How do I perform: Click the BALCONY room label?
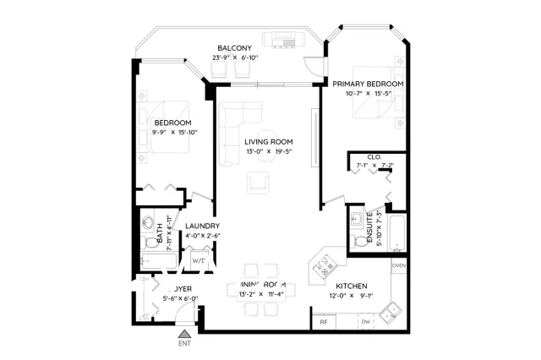click(x=236, y=47)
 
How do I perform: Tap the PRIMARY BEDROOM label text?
click(x=367, y=85)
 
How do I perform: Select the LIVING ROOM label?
click(x=269, y=141)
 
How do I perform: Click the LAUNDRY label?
click(x=203, y=226)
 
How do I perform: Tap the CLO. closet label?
click(x=374, y=156)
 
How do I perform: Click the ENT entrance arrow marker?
click(x=184, y=335)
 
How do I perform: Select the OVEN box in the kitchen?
click(x=399, y=265)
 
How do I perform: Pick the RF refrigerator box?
click(x=324, y=321)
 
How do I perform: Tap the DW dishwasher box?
click(x=365, y=321)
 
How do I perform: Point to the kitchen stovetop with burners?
click(x=321, y=268)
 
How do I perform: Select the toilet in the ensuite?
click(x=362, y=242)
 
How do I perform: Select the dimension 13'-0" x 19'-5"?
click(x=269, y=151)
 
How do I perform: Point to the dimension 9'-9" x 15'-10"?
click(x=174, y=132)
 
